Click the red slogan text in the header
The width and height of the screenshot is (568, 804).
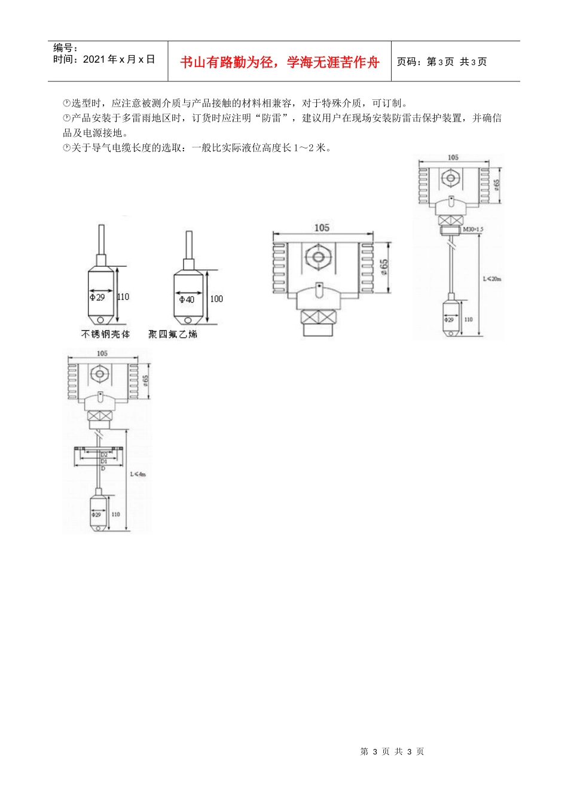279,62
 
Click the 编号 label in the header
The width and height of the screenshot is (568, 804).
65,48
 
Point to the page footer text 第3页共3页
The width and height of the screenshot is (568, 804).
392,751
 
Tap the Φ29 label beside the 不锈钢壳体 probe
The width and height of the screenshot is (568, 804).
97,297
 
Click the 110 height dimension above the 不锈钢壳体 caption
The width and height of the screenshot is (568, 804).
123,297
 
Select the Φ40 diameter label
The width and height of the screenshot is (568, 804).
187,299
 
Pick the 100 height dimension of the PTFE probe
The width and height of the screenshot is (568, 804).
216,299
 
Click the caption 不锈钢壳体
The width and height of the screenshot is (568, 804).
105,334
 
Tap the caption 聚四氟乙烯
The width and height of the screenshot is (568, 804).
173,334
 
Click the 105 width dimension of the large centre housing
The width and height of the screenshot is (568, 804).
322,227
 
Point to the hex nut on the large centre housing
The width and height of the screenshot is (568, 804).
317,258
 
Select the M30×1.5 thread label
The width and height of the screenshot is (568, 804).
473,229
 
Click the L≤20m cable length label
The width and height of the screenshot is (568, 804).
492,278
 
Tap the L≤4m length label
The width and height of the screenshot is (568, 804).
138,474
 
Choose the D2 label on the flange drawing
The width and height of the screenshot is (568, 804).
103,455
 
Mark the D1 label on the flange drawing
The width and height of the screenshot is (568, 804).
103,461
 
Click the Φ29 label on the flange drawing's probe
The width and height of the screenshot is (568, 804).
96,514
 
